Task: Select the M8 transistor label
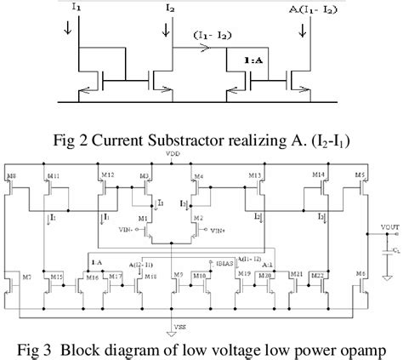pos(11,178)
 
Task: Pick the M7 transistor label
pos(26,277)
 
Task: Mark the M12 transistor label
pos(106,176)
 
